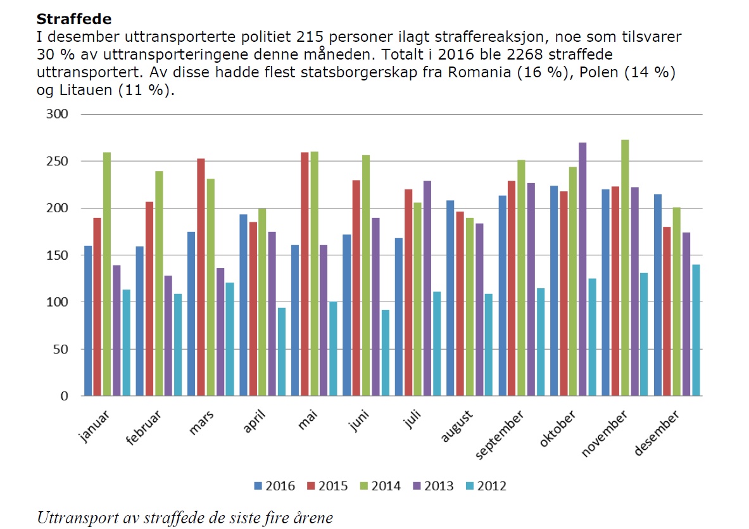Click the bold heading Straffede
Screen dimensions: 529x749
click(x=74, y=19)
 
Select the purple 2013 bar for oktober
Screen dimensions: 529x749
click(x=582, y=269)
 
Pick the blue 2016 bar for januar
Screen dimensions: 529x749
click(x=88, y=321)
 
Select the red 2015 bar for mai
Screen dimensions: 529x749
click(x=305, y=274)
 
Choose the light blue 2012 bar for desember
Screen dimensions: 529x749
click(x=696, y=330)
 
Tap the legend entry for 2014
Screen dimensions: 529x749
click(x=380, y=486)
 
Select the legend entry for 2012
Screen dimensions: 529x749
click(x=486, y=486)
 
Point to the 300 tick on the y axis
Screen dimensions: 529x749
click(x=56, y=114)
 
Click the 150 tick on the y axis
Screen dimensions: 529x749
click(x=56, y=255)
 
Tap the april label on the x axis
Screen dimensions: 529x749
click(x=254, y=421)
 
